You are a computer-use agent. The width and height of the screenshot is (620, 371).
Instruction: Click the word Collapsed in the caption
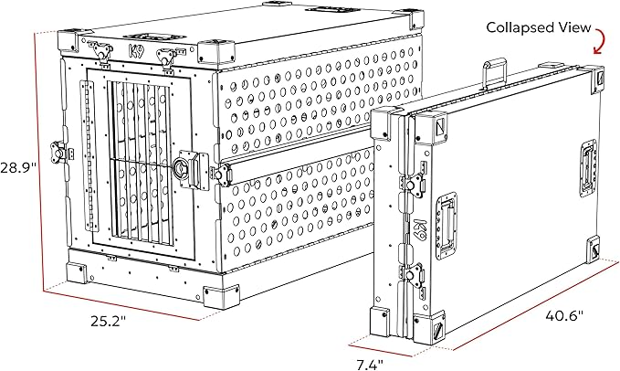click(515, 26)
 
